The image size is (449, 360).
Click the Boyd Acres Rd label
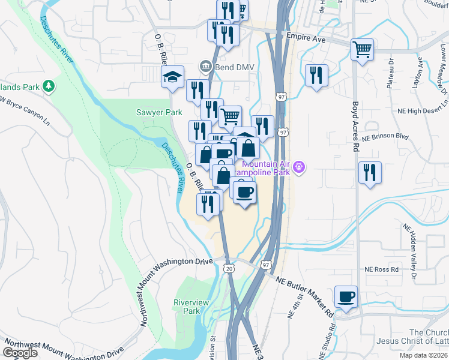pyautogui.click(x=356, y=127)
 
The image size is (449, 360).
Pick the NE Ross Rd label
pyautogui.click(x=382, y=270)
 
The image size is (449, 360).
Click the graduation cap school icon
pyautogui.click(x=172, y=76)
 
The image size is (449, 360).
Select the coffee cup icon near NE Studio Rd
pyautogui.click(x=346, y=296)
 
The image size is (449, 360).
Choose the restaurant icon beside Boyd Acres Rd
pyautogui.click(x=370, y=173)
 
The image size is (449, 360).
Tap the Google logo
pyautogui.click(x=20, y=353)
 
